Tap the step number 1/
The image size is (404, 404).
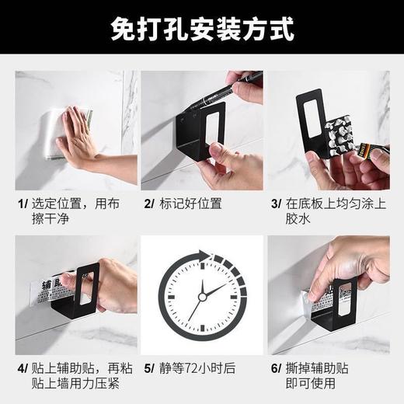pyautogui.click(x=23, y=204)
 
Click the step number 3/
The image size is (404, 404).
pyautogui.click(x=276, y=204)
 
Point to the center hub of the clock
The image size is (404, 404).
pyautogui.click(x=201, y=295)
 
